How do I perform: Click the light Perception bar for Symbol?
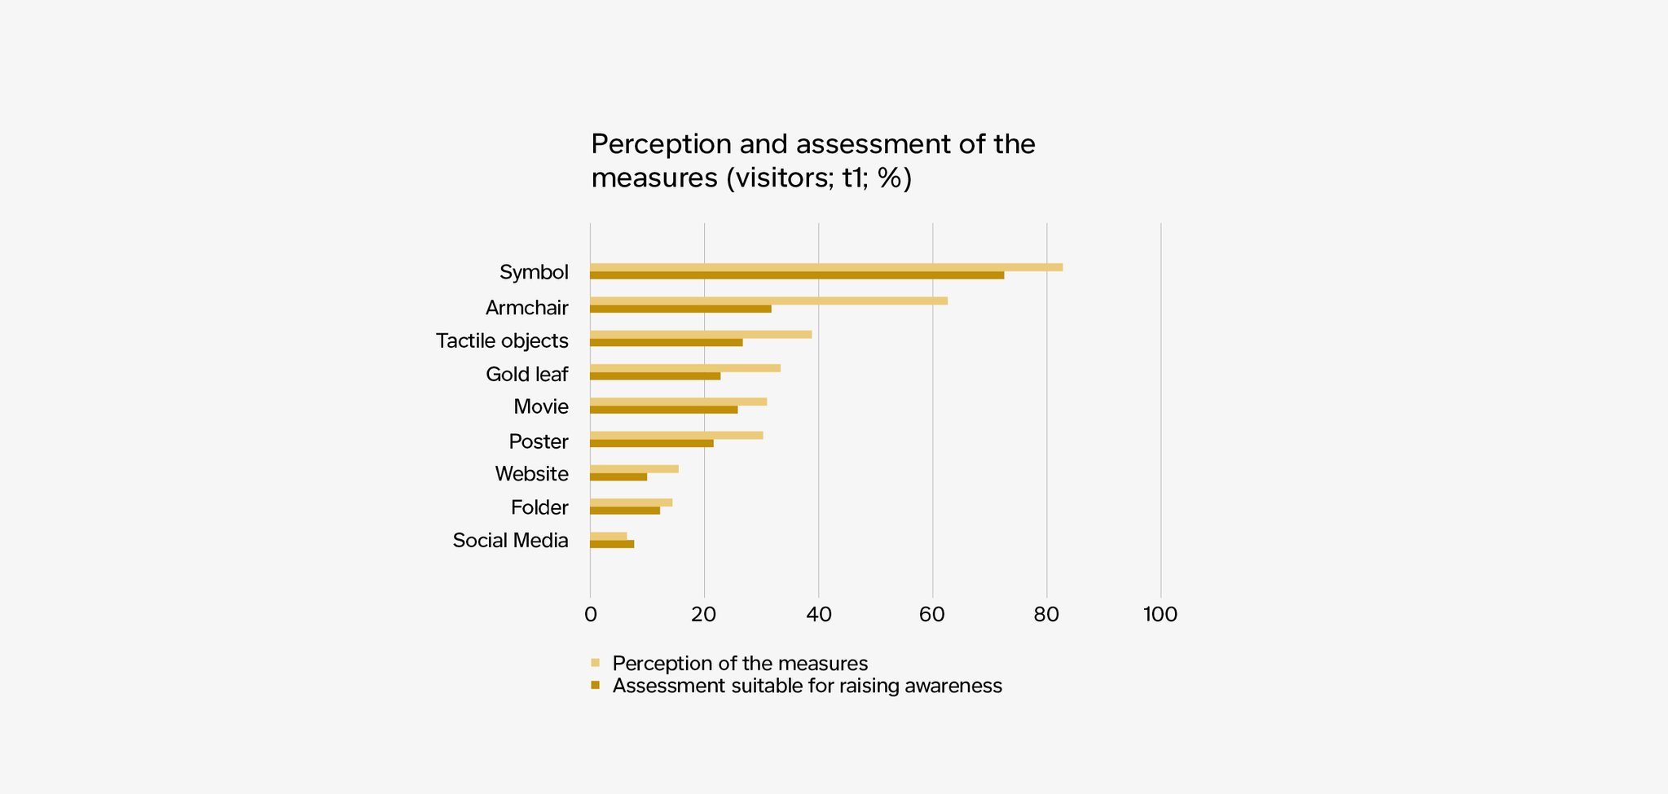[826, 267]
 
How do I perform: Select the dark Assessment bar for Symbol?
[797, 275]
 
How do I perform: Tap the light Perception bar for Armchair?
[768, 300]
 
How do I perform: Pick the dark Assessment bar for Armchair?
[680, 309]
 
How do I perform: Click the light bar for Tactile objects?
[701, 334]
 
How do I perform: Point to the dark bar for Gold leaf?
[655, 376]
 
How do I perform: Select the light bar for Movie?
[678, 401]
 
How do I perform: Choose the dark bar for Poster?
[652, 443]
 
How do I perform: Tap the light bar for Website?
[634, 469]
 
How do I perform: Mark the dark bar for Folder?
[625, 511]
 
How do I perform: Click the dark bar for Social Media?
[612, 544]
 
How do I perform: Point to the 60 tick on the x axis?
[932, 614]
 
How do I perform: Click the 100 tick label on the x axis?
[1160, 614]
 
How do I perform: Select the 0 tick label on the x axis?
[590, 614]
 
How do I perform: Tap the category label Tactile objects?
[502, 340]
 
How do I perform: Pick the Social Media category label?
[510, 541]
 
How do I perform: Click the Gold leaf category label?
[526, 374]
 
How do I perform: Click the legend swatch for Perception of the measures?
[595, 663]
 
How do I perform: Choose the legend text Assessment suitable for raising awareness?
[807, 686]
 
